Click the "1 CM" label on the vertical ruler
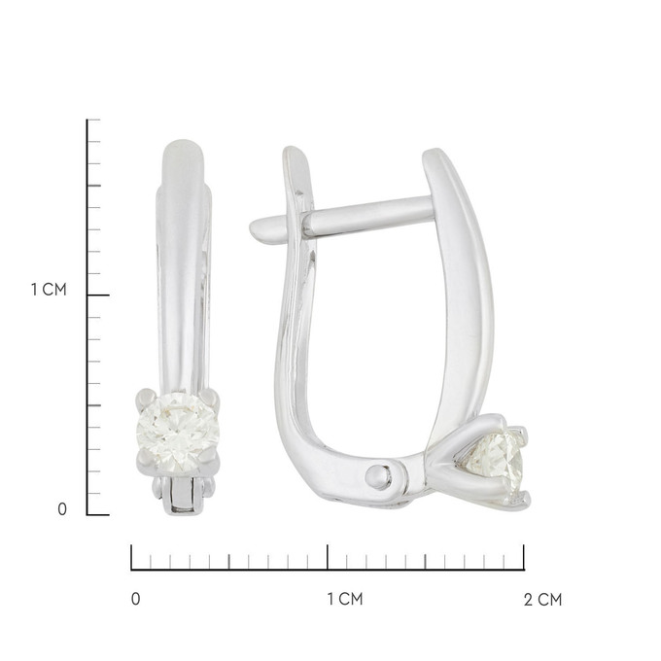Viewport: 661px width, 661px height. click(x=49, y=290)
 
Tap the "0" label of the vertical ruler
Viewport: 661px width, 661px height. click(x=62, y=509)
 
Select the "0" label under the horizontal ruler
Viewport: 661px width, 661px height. click(x=135, y=599)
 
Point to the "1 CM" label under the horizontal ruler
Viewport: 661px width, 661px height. click(x=345, y=599)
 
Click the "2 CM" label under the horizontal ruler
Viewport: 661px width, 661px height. click(x=543, y=600)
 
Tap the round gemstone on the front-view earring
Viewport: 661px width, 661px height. click(x=179, y=433)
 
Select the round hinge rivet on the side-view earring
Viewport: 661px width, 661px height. click(x=378, y=476)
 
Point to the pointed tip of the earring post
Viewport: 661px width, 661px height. click(x=252, y=228)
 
